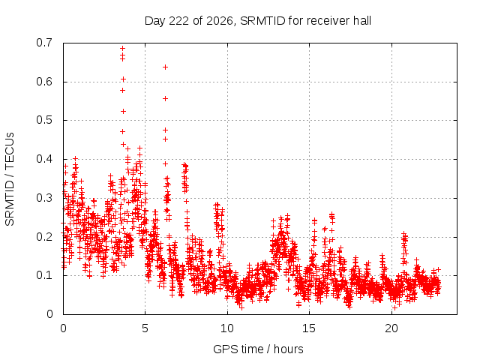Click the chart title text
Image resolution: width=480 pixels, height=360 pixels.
258,21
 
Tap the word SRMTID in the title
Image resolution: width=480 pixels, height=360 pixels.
263,21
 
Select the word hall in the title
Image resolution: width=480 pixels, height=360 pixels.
362,21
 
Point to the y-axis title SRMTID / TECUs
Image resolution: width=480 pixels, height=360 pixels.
10,179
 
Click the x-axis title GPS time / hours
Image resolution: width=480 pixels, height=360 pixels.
258,349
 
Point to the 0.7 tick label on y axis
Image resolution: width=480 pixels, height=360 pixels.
44,43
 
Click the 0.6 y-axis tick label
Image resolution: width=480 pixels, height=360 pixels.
44,82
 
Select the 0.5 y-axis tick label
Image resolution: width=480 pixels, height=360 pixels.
44,120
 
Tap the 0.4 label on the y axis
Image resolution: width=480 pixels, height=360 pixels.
44,159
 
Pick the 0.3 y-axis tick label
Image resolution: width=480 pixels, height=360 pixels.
44,198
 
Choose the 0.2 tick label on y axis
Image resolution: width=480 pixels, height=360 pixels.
44,237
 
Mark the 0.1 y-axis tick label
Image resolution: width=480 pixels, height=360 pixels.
44,275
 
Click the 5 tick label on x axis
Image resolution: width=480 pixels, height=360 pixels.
145,328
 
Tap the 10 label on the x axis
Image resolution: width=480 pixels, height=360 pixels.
227,328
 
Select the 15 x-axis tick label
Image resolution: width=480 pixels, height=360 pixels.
309,328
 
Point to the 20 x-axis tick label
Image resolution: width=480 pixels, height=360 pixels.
391,328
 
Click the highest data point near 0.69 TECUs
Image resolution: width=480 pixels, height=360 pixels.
123,48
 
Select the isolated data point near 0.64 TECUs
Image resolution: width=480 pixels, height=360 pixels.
165,67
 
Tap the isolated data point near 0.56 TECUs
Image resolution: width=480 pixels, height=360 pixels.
165,98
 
